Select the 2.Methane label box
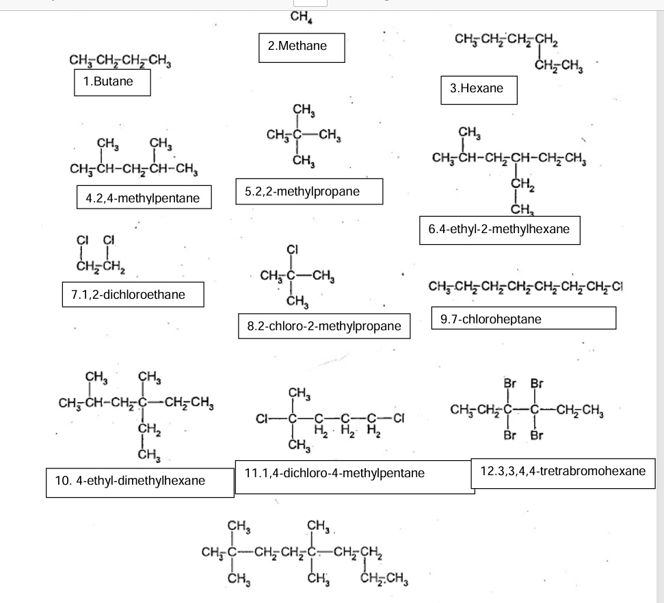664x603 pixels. click(301, 47)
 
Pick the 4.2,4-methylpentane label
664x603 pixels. click(143, 199)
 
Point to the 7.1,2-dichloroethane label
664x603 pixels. click(133, 295)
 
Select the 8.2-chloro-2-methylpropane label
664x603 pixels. click(324, 327)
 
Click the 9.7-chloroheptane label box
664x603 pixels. click(524, 318)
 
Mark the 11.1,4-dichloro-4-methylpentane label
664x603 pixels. click(354, 474)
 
